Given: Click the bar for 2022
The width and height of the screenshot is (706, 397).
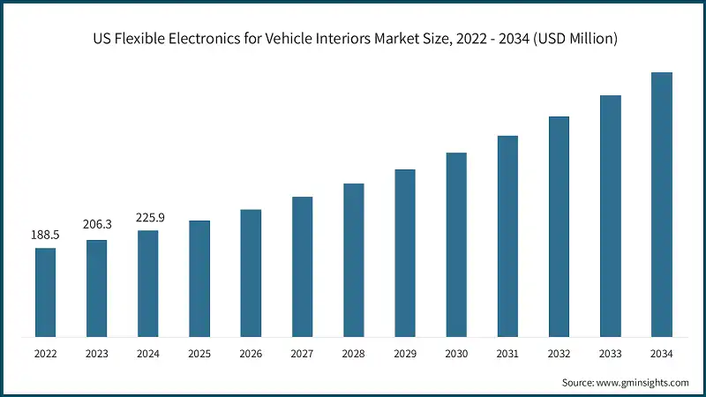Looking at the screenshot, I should (x=45, y=292).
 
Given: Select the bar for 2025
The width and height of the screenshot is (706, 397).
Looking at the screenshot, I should (x=199, y=278).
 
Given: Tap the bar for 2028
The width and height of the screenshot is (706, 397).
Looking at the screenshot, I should (x=353, y=259).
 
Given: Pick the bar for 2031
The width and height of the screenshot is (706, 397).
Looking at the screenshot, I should (x=507, y=236).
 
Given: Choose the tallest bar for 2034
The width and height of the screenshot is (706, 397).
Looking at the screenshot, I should (x=661, y=204).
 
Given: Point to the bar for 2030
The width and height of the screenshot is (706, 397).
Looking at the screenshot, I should (x=456, y=244).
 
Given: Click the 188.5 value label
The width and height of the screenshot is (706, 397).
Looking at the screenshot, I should (x=45, y=236).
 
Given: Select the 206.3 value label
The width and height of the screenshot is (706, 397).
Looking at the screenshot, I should (x=96, y=227).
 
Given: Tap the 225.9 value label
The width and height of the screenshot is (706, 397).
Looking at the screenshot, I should (x=148, y=218).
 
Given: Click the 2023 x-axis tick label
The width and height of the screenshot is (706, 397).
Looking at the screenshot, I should (x=96, y=354).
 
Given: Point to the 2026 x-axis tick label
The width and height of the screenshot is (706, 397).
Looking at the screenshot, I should (x=251, y=354).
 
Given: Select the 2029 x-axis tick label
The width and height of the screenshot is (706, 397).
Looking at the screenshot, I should (x=404, y=354).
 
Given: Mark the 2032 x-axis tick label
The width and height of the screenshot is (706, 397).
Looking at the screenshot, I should (x=559, y=354).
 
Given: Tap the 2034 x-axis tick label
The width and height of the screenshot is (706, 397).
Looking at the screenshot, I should (x=661, y=354).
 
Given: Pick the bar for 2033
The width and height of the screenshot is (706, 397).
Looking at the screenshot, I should (x=610, y=215).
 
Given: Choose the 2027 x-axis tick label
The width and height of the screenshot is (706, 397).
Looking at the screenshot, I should (x=302, y=354).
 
